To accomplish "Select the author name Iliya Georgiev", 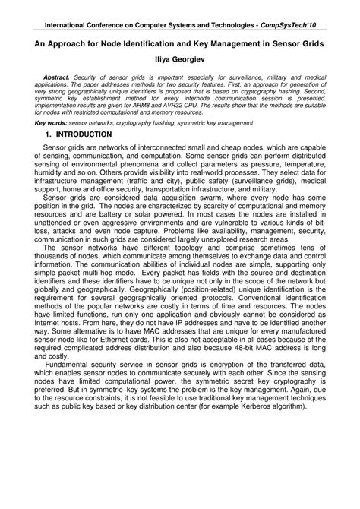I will coord(179,59).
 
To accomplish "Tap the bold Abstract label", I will coord(55,77).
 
